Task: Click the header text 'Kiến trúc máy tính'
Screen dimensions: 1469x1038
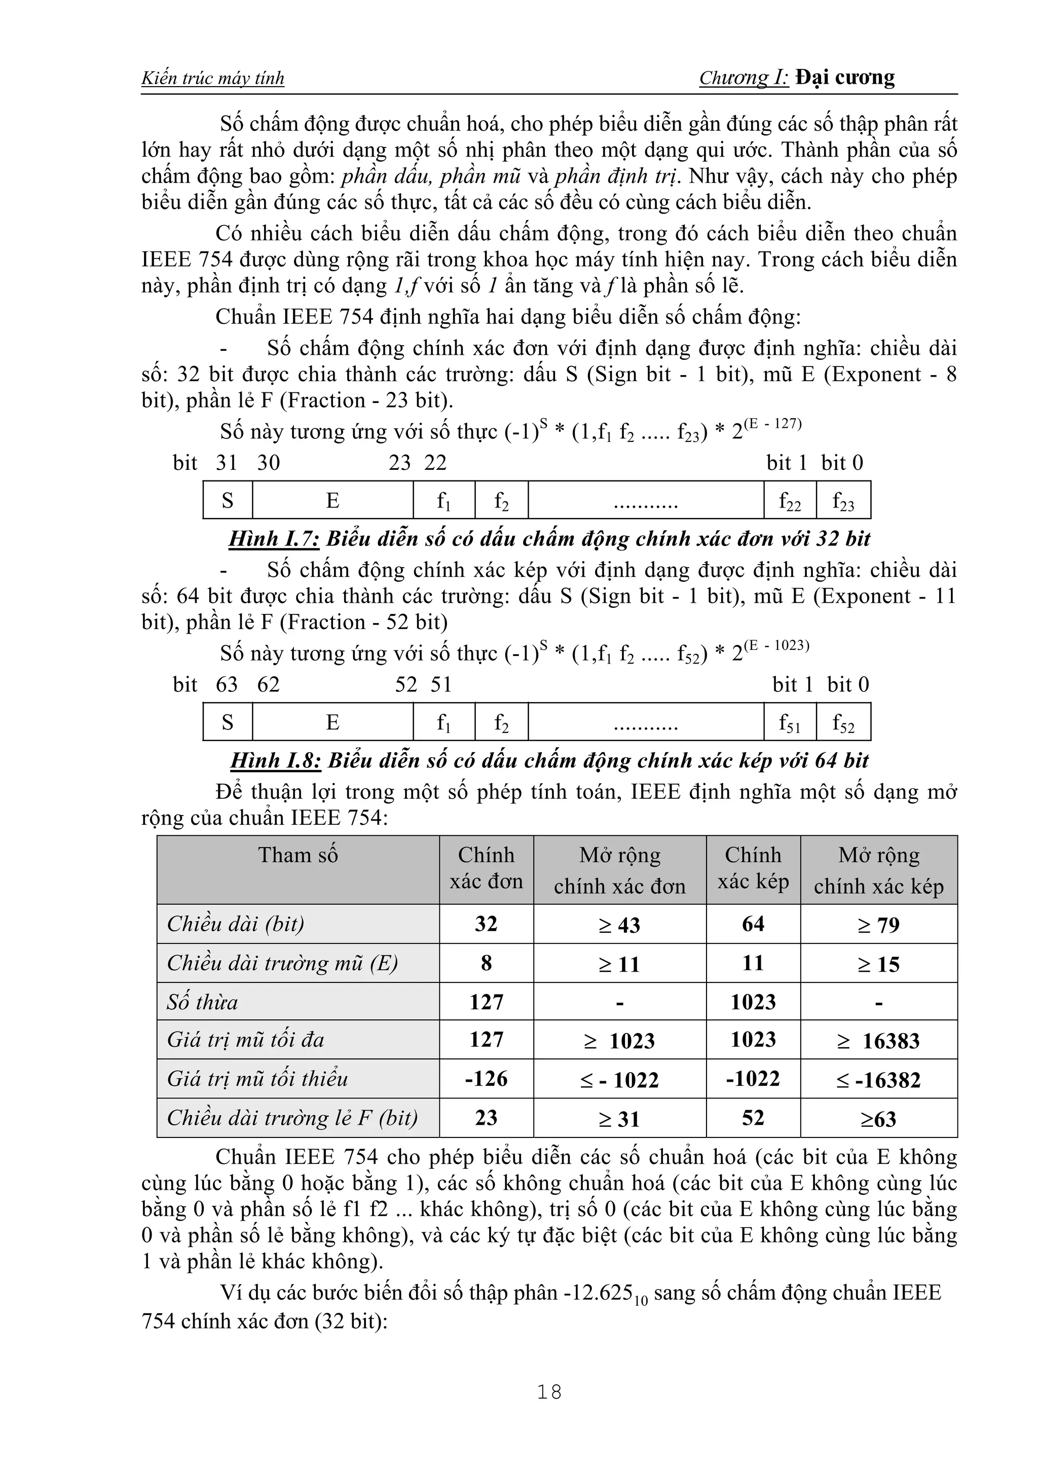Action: coord(212,79)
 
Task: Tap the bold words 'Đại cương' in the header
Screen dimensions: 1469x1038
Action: coord(845,78)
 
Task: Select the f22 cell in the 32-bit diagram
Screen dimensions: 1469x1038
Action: coord(790,501)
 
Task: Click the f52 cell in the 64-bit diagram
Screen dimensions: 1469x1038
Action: coord(843,723)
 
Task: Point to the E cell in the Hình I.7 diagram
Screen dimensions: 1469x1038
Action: coord(332,500)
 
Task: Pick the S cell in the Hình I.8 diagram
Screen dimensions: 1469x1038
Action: coord(228,722)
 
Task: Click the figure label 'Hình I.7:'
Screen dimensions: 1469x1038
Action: coord(274,539)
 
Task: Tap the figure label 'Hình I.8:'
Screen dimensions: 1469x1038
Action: coord(275,761)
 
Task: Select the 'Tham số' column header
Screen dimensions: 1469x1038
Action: coord(298,856)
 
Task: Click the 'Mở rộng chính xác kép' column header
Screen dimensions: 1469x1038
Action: coord(879,870)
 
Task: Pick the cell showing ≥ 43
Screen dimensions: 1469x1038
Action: coord(620,925)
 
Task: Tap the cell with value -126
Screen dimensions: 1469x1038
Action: coord(486,1079)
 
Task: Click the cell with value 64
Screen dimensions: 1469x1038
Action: coord(753,924)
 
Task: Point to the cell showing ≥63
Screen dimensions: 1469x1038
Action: coord(879,1119)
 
